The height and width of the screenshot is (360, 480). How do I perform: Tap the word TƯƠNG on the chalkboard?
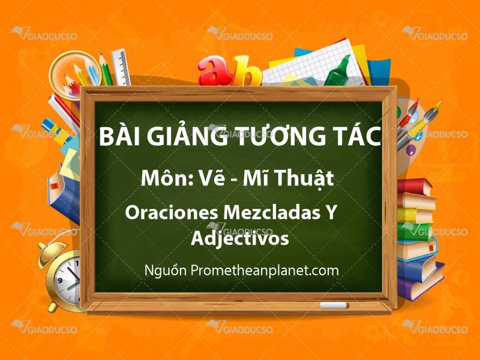click(277, 136)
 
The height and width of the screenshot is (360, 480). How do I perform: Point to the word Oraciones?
click(172, 212)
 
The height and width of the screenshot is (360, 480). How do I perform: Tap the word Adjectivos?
click(239, 239)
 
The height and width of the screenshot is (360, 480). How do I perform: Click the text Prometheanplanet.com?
click(265, 271)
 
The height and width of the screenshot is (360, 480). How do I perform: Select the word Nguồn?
click(166, 271)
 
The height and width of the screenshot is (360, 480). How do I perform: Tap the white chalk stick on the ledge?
click(334, 305)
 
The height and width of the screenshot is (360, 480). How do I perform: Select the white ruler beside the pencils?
click(122, 67)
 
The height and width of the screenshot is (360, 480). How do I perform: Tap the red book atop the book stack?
click(415, 187)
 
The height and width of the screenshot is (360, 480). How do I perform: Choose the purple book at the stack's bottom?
click(421, 284)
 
